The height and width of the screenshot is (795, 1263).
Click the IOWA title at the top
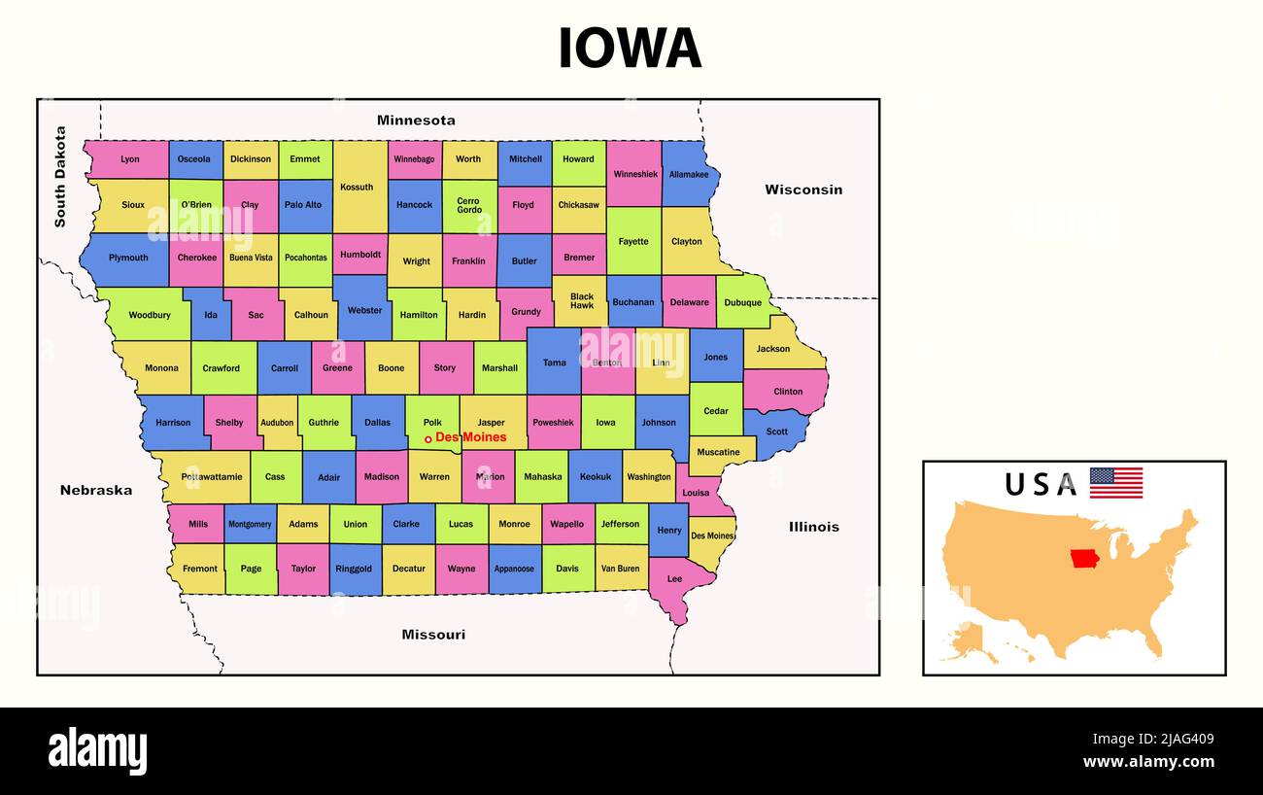pyautogui.click(x=630, y=49)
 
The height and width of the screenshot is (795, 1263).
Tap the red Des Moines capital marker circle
pyautogui.click(x=427, y=439)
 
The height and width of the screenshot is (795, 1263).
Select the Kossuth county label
pyautogui.click(x=357, y=187)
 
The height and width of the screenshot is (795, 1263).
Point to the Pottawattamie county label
pyautogui.click(x=211, y=477)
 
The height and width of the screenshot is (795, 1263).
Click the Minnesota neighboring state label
pyautogui.click(x=416, y=121)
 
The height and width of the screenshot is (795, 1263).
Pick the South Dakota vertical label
pyautogui.click(x=60, y=177)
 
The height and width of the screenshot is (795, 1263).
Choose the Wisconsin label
pyautogui.click(x=803, y=190)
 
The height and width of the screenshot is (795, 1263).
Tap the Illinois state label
pyautogui.click(x=814, y=527)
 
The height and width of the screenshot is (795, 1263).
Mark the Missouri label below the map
pyautogui.click(x=433, y=635)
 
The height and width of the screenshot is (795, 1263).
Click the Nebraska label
pyautogui.click(x=96, y=490)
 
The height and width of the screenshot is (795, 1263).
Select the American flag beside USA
pyautogui.click(x=1115, y=483)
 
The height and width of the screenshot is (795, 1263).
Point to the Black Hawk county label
pyautogui.click(x=582, y=301)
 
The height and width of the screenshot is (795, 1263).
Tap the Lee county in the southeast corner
pyautogui.click(x=674, y=579)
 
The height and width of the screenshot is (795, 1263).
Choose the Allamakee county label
pyautogui.click(x=689, y=174)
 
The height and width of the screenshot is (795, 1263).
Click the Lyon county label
pyautogui.click(x=130, y=159)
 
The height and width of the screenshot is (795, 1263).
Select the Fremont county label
pyautogui.click(x=200, y=569)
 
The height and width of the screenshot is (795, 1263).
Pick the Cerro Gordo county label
pyautogui.click(x=469, y=205)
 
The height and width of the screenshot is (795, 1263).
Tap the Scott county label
pyautogui.click(x=777, y=432)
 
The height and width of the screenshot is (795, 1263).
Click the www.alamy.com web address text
pyautogui.click(x=1148, y=762)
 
